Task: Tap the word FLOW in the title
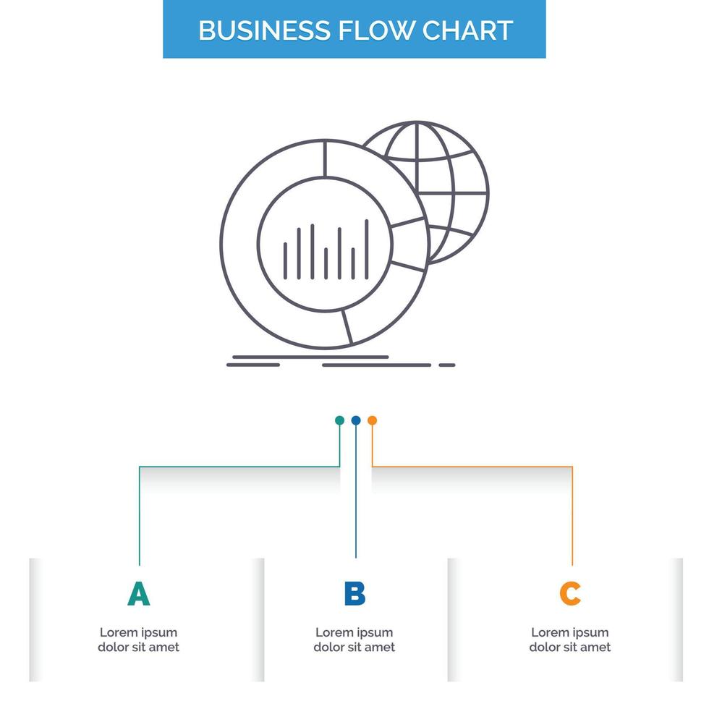click(x=371, y=30)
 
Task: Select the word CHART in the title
click(x=467, y=30)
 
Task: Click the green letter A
click(x=138, y=594)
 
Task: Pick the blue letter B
click(x=354, y=594)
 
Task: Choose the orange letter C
click(x=570, y=594)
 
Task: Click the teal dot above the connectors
click(x=339, y=420)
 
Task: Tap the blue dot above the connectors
click(x=355, y=420)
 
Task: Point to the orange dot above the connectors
click(x=372, y=420)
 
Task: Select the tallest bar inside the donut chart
click(x=367, y=249)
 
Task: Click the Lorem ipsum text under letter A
click(x=138, y=640)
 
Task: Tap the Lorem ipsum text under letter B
click(x=354, y=640)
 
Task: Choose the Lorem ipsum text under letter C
click(x=570, y=640)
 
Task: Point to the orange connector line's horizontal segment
click(x=470, y=467)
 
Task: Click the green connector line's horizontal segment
click(x=239, y=467)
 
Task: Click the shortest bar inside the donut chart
click(x=326, y=263)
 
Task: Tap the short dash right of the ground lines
click(x=447, y=365)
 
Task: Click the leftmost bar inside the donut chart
click(x=284, y=260)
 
